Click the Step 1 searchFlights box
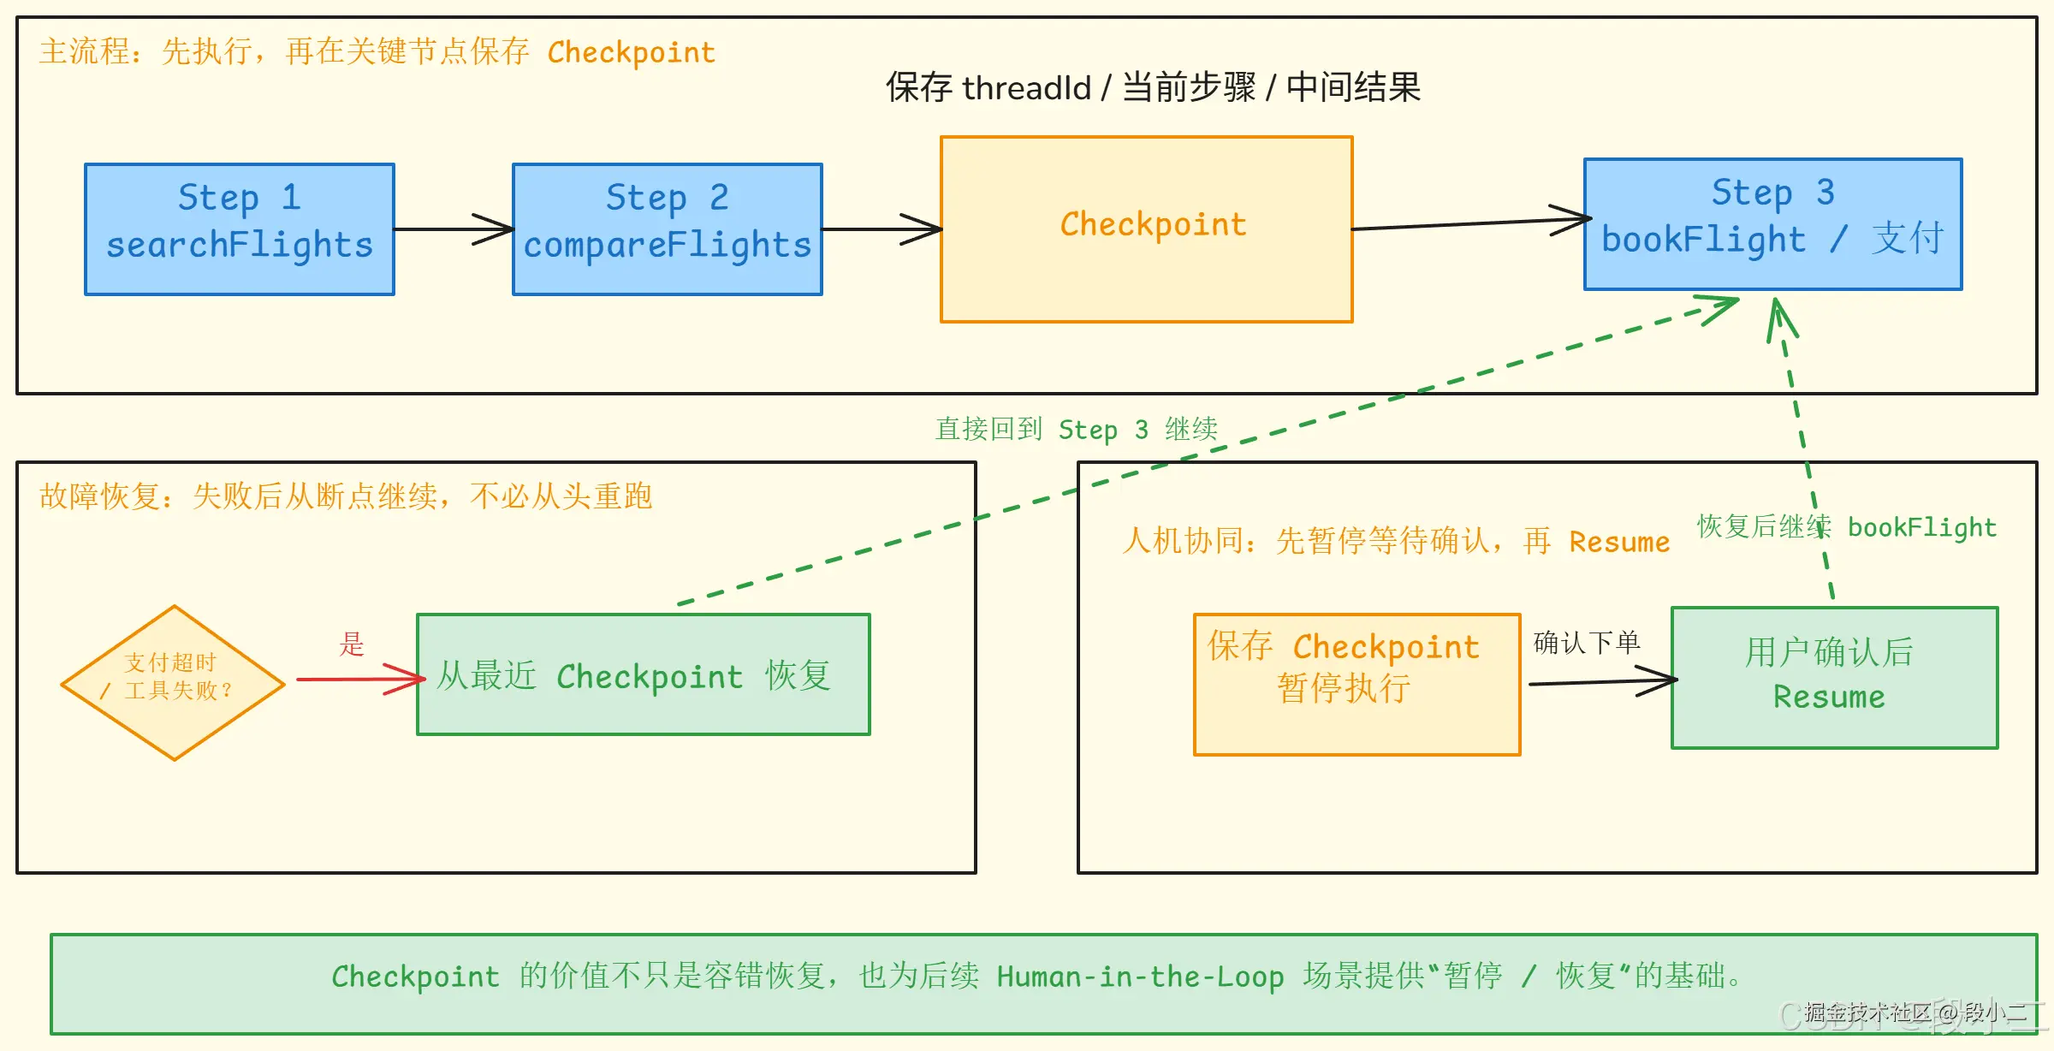point(240,229)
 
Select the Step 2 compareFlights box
point(668,229)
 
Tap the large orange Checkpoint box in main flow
point(1147,229)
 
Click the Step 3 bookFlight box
point(1772,224)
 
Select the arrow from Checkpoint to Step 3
point(1468,224)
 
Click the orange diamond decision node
point(174,682)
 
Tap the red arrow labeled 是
point(359,680)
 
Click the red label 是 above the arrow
point(352,644)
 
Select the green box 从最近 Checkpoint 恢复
point(644,674)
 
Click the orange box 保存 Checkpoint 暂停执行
point(1356,685)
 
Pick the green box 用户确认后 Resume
point(1834,678)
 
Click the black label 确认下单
point(1587,642)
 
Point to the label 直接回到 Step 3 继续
point(1076,429)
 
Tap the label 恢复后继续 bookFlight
point(1847,527)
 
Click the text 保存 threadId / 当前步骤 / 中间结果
point(1153,87)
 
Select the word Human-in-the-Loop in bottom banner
point(1140,977)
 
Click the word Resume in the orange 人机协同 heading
point(1619,542)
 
